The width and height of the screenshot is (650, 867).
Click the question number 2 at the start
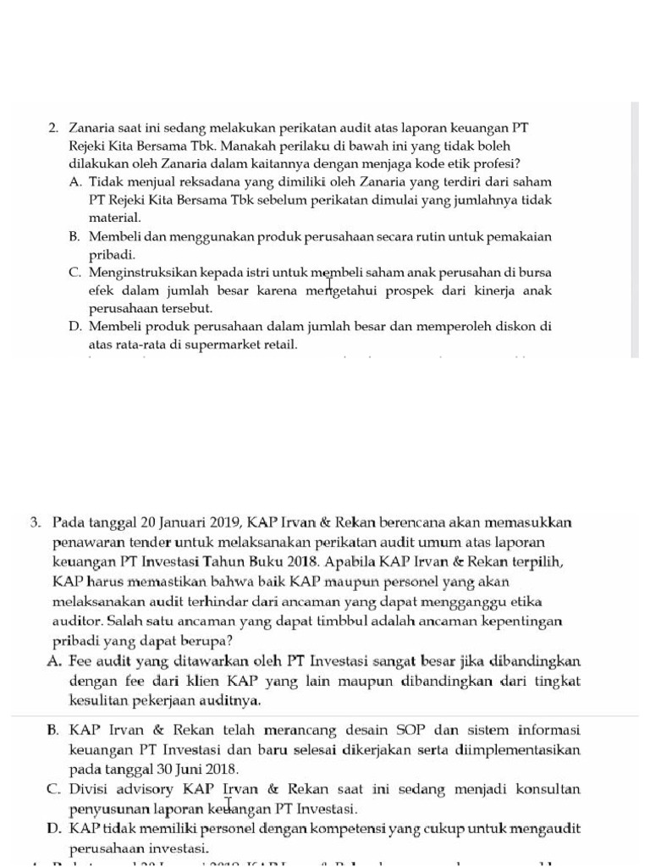tap(52, 128)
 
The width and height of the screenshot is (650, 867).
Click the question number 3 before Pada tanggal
tap(35, 522)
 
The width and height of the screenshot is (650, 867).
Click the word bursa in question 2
tap(535, 273)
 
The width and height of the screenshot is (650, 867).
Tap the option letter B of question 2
tap(75, 237)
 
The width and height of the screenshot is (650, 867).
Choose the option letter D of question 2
tap(75, 326)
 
